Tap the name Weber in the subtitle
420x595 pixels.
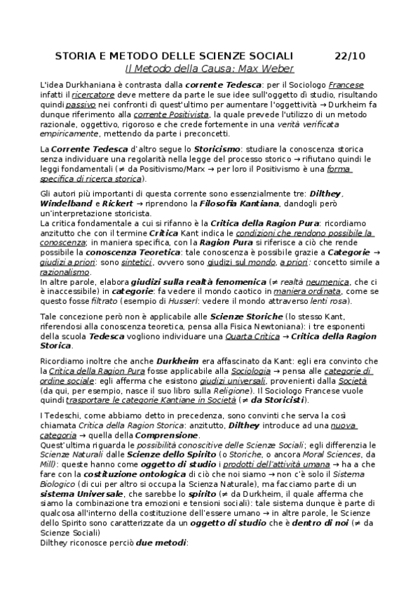click(x=279, y=69)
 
